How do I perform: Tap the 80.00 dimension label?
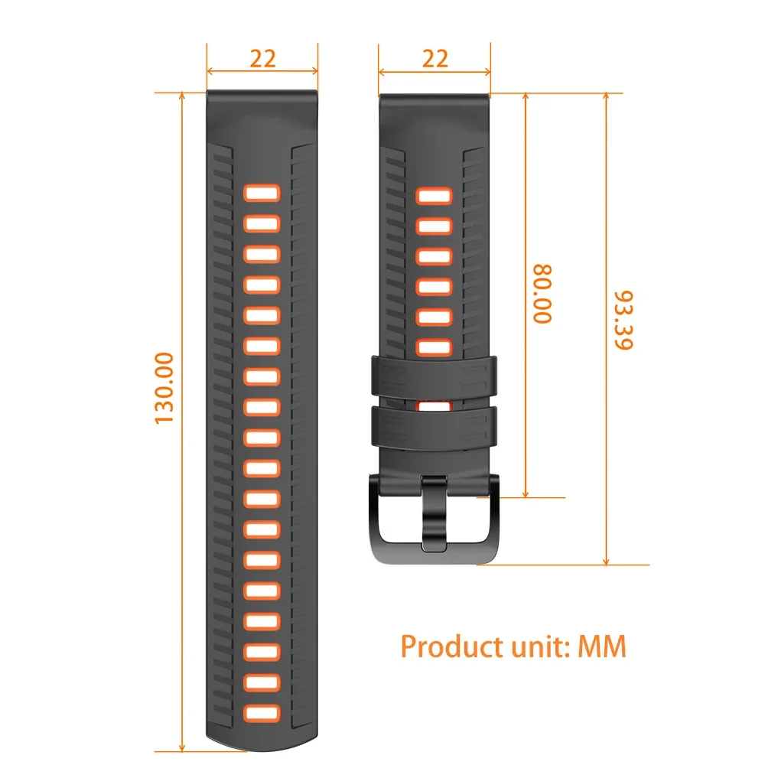(542, 294)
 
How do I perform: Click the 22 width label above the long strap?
(262, 59)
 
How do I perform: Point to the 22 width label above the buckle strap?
(435, 59)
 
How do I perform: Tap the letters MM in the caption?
(602, 646)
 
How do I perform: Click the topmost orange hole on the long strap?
(262, 194)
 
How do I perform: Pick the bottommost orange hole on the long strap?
(262, 711)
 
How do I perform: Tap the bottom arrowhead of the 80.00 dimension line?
(526, 493)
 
